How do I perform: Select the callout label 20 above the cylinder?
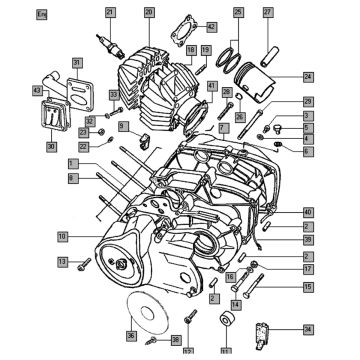click(149, 12)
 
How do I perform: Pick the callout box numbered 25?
click(238, 12)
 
